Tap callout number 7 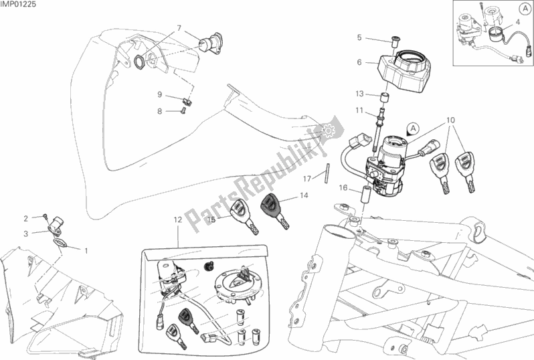point(179,27)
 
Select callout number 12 point(178,219)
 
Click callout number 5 point(359,37)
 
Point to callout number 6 point(359,62)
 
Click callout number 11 point(359,110)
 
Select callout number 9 point(160,94)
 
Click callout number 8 point(160,111)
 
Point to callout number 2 point(26,218)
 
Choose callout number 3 point(26,234)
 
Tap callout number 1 point(86,250)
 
